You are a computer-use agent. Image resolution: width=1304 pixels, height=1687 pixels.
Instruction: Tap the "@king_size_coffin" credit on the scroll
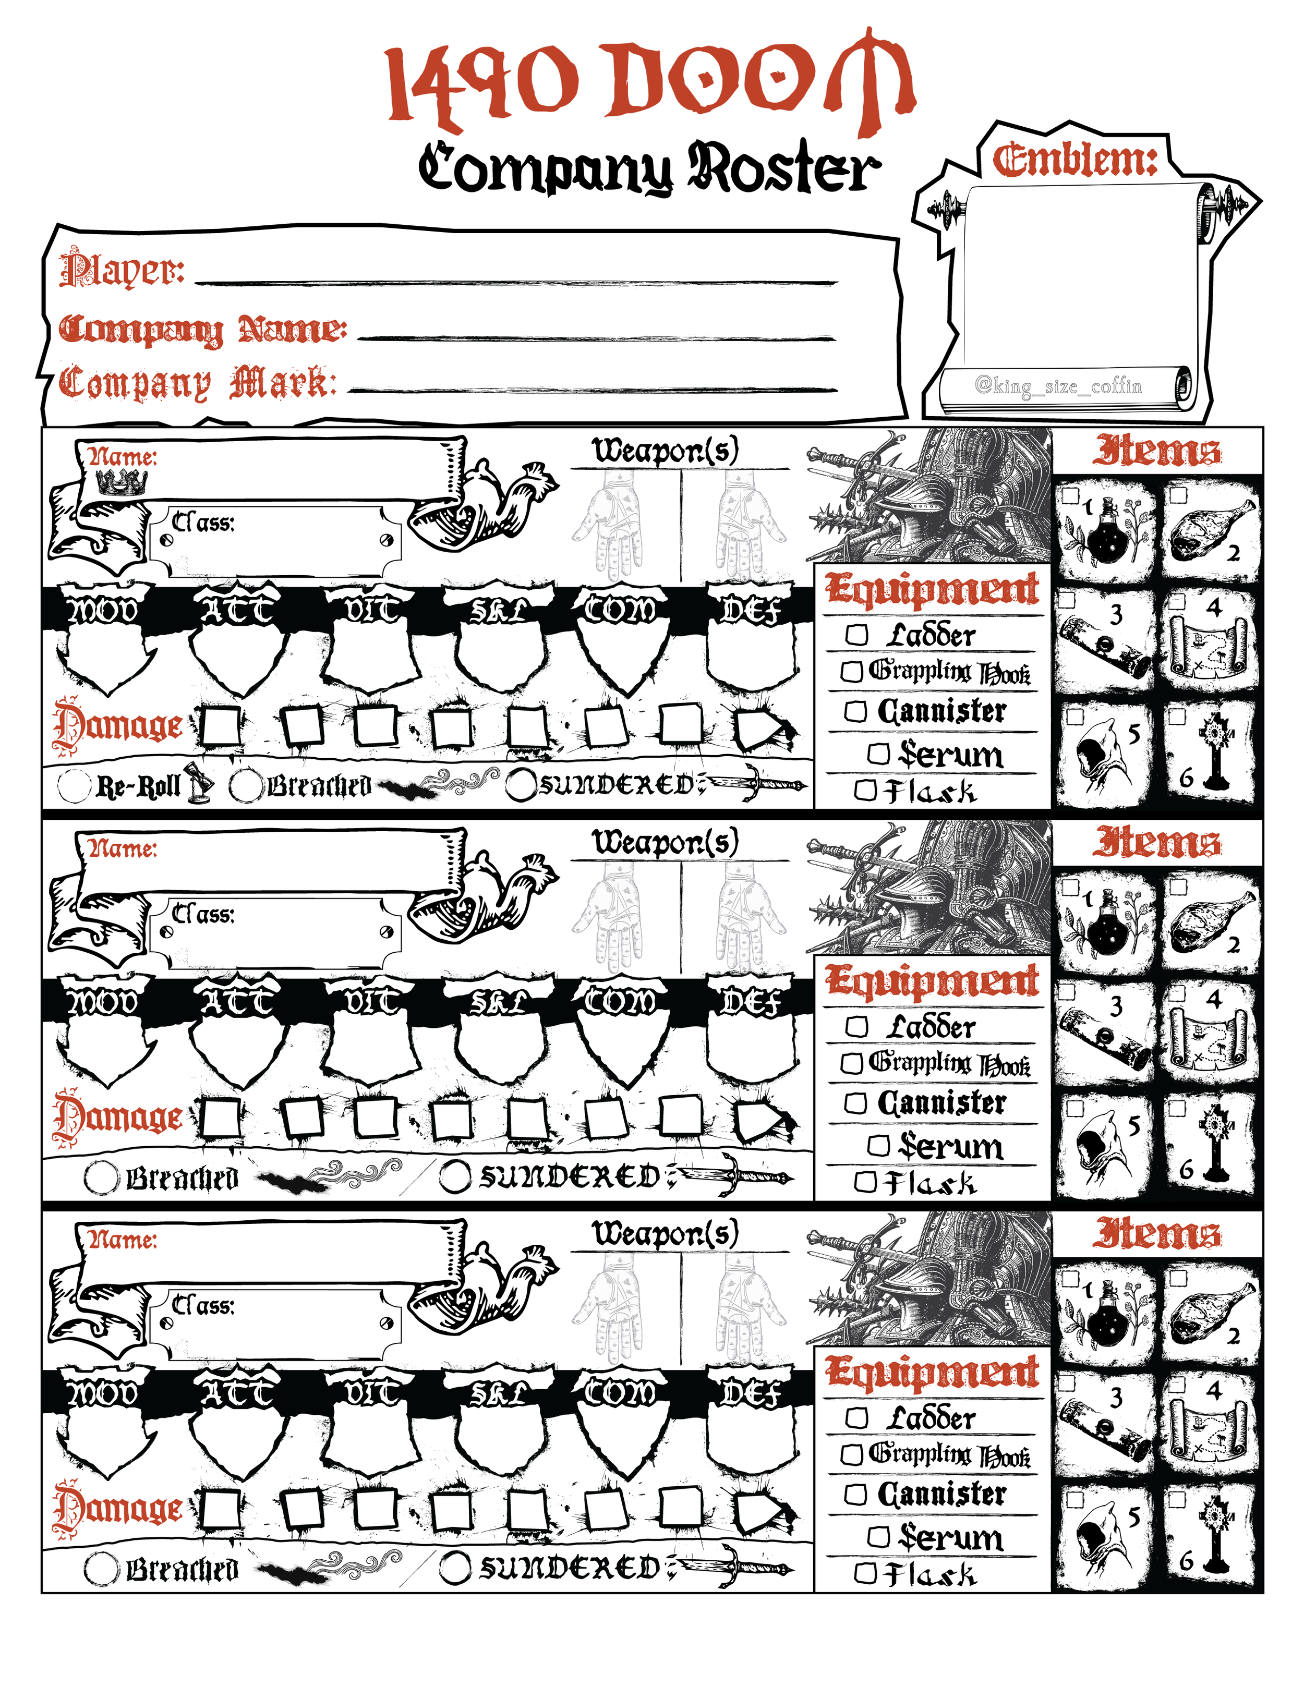pyautogui.click(x=1058, y=385)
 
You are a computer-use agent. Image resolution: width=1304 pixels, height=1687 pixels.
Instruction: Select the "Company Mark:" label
pyautogui.click(x=198, y=383)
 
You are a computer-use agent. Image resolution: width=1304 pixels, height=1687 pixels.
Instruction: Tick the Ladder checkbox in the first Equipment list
pyautogui.click(x=856, y=635)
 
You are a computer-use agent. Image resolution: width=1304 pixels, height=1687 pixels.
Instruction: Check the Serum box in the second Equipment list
pyautogui.click(x=878, y=1146)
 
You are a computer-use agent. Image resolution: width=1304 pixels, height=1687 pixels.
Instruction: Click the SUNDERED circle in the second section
pyautogui.click(x=455, y=1177)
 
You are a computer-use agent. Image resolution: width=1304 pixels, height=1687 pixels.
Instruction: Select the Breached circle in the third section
pyautogui.click(x=101, y=1569)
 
